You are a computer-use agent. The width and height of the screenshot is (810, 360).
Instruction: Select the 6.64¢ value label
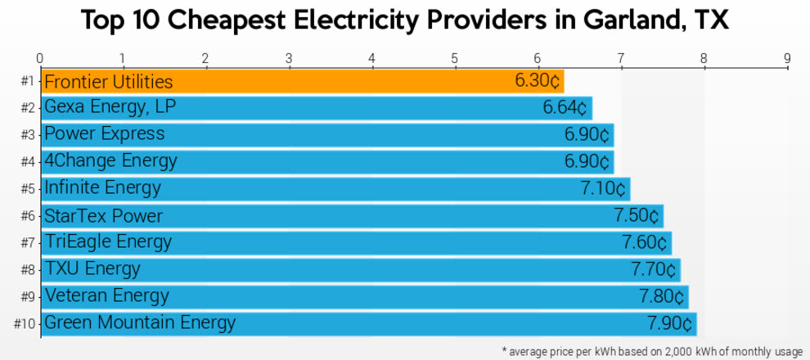point(565,108)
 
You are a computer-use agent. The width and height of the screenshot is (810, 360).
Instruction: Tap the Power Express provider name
point(104,134)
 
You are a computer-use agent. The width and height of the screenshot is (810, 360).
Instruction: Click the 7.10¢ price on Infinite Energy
point(603,188)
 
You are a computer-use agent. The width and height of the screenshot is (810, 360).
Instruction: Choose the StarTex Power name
point(103,216)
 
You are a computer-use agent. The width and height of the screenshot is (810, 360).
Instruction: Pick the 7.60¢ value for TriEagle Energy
point(645,243)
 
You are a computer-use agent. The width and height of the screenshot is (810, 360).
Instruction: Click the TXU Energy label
point(92,269)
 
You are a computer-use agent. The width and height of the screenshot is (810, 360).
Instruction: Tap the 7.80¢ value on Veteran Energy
point(662,296)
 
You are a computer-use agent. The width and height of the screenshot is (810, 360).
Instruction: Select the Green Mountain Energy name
point(139,323)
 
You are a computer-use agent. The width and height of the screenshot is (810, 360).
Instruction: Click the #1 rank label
point(28,82)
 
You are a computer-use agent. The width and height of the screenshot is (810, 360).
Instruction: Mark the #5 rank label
point(28,189)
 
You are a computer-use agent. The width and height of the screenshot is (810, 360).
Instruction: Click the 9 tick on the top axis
point(787,58)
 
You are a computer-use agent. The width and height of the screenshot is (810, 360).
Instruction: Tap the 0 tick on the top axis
point(39,58)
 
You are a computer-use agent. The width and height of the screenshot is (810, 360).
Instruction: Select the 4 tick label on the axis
point(371,58)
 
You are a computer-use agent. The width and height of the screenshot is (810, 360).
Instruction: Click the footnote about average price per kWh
point(652,351)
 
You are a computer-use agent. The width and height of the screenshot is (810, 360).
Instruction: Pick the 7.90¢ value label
point(669,323)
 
